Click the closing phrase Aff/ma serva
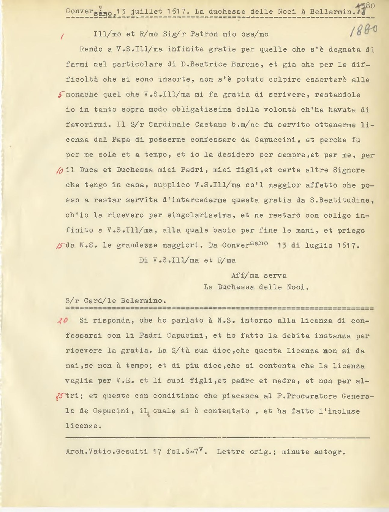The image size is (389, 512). [x=259, y=275]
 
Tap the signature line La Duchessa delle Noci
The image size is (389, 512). [x=256, y=287]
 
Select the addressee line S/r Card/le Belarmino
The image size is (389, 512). [x=116, y=300]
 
